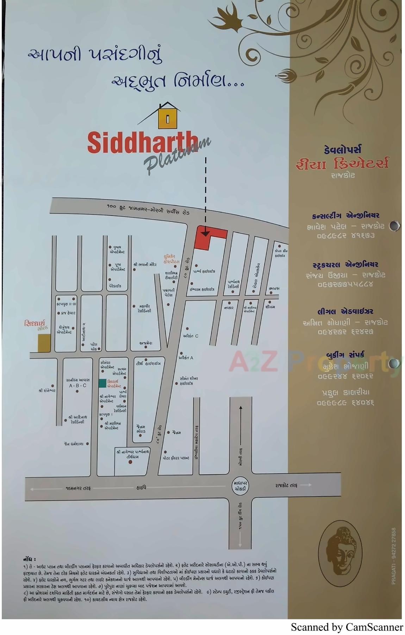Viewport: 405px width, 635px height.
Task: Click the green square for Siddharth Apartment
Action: pyautogui.click(x=102, y=383)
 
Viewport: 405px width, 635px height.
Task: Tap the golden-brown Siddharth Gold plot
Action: pyautogui.click(x=44, y=343)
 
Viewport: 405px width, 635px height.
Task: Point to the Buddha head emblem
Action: pyautogui.click(x=340, y=553)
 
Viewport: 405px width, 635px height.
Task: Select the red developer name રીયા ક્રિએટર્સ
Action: pyautogui.click(x=342, y=164)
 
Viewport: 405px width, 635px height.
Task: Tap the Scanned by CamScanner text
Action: pyautogui.click(x=347, y=627)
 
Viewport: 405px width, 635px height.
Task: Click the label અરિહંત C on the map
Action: pyautogui.click(x=191, y=336)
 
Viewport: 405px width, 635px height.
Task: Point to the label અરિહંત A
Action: pyautogui.click(x=186, y=358)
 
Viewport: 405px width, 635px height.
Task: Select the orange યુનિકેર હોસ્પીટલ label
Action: pyautogui.click(x=172, y=259)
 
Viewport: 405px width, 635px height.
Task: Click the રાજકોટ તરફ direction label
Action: pyautogui.click(x=286, y=485)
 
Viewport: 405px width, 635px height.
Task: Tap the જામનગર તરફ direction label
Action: pyautogui.click(x=78, y=488)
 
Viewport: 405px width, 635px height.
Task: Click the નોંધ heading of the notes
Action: pyautogui.click(x=30, y=559)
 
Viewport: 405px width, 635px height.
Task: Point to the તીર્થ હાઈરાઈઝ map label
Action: pyautogui.click(x=148, y=363)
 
